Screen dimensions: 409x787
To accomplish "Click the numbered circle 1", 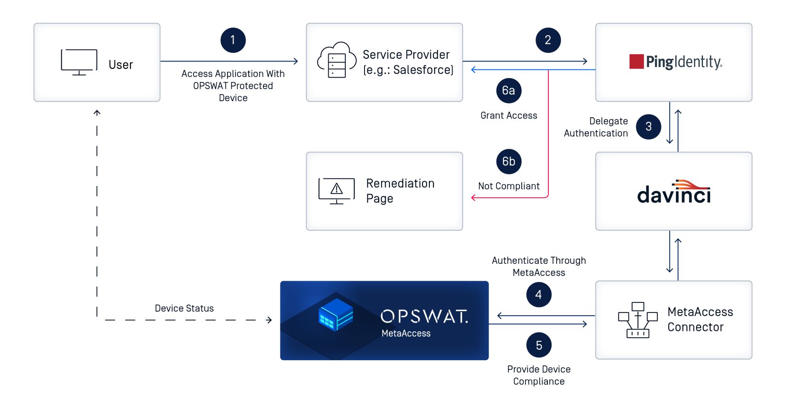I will point(233,40).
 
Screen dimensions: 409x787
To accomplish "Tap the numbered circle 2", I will point(548,40).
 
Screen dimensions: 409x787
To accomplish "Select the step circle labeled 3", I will point(648,126).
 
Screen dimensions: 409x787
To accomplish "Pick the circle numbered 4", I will point(538,295).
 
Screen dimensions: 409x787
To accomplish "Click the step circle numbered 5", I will point(539,345).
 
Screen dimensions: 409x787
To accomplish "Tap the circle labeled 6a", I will point(508,91).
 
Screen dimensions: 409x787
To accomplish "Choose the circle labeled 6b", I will point(508,161).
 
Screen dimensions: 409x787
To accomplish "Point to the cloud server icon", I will point(336,61).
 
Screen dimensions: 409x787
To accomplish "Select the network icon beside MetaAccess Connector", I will point(638,320).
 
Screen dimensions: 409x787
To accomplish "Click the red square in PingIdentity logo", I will point(636,62).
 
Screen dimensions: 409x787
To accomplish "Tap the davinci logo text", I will point(674,193).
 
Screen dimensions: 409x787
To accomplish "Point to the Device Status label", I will point(184,308).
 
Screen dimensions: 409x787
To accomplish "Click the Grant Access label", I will point(508,115).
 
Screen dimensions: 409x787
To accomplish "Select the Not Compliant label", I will point(508,186).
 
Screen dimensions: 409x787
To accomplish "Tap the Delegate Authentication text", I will point(596,127).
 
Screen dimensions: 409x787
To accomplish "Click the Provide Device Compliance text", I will point(539,375).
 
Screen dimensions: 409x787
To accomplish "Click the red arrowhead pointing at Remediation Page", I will point(473,198).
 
